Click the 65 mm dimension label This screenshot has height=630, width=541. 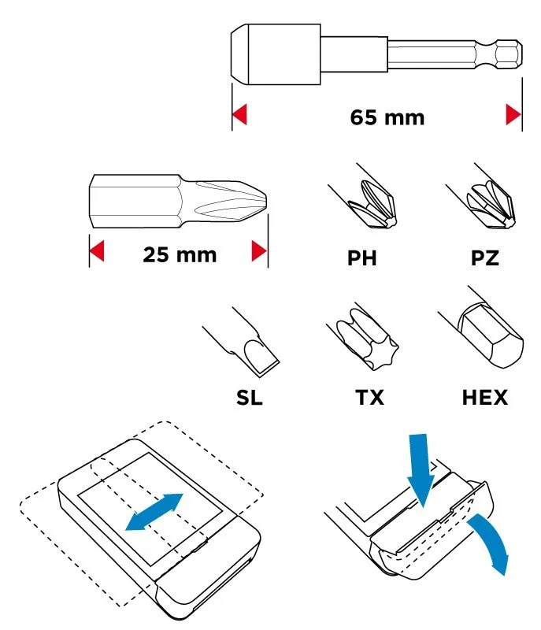click(x=387, y=117)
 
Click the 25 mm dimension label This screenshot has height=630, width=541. click(x=180, y=254)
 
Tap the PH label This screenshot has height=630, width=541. click(x=362, y=258)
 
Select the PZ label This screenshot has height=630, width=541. click(x=485, y=258)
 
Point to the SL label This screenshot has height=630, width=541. click(x=250, y=398)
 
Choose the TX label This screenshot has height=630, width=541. click(x=369, y=398)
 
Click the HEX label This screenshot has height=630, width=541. click(x=485, y=398)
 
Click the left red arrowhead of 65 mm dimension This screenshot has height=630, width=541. click(x=239, y=114)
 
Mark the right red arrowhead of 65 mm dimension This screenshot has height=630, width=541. click(x=513, y=114)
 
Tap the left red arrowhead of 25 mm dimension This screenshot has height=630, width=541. click(x=97, y=250)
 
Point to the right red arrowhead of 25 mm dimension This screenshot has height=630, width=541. click(x=259, y=250)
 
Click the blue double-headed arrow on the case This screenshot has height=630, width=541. click(x=154, y=512)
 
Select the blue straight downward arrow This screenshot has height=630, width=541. click(x=420, y=470)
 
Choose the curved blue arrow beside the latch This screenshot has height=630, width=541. click(x=493, y=540)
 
